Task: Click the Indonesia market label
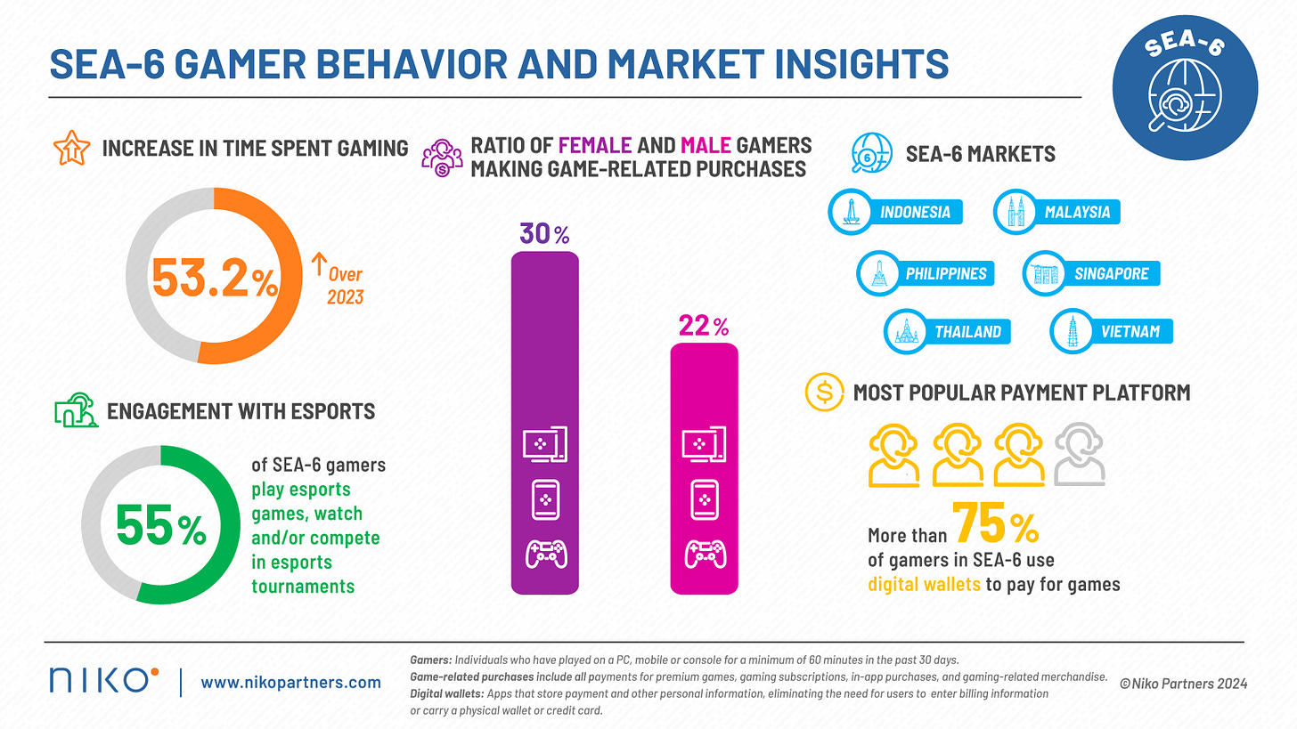pyautogui.click(x=914, y=212)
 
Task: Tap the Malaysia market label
pyautogui.click(x=1077, y=212)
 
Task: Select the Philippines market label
pyautogui.click(x=945, y=273)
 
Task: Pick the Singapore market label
pyautogui.click(x=1111, y=273)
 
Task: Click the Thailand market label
pyautogui.click(x=967, y=332)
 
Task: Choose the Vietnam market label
pyautogui.click(x=1130, y=331)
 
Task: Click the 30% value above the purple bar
pyautogui.click(x=544, y=235)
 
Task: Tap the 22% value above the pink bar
pyautogui.click(x=703, y=327)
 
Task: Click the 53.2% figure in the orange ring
pyautogui.click(x=214, y=279)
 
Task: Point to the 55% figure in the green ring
pyautogui.click(x=161, y=528)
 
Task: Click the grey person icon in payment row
pyautogui.click(x=1080, y=455)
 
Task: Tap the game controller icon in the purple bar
pyautogui.click(x=544, y=554)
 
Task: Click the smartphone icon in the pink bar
pyautogui.click(x=703, y=499)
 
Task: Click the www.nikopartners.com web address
pyautogui.click(x=290, y=683)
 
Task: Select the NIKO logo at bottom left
pyautogui.click(x=103, y=681)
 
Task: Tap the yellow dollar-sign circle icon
pyautogui.click(x=824, y=392)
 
